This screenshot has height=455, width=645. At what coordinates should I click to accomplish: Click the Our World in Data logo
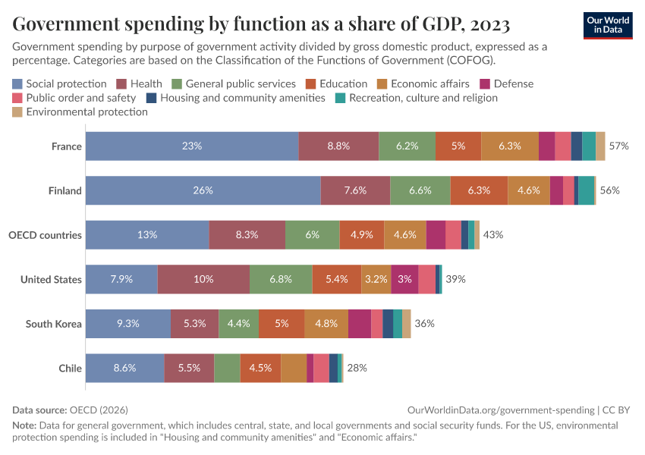pos(608,25)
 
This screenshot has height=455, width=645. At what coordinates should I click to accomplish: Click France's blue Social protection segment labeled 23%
pos(192,146)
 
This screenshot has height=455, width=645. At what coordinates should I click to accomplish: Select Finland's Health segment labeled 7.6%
pos(355,190)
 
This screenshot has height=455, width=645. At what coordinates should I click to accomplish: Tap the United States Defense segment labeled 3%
pos(404,279)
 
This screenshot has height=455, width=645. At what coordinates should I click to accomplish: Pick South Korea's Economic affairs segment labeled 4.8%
pos(326,324)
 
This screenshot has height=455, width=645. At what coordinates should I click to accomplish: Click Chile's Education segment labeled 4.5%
pos(260,368)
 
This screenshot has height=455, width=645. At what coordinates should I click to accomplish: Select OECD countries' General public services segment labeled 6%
pos(312,235)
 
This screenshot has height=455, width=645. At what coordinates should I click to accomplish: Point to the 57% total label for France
pos(619,146)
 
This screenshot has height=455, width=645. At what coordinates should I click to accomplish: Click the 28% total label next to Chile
pos(357,368)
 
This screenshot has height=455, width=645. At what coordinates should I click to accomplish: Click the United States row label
pos(51,279)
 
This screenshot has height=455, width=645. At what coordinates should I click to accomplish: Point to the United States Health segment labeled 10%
pos(203,279)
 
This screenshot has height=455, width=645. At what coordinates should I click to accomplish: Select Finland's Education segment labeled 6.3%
pos(479,190)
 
